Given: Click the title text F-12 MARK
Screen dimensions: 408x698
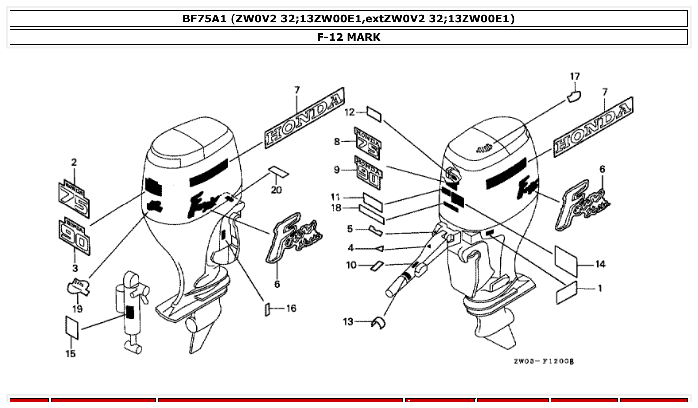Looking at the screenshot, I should click(349, 37).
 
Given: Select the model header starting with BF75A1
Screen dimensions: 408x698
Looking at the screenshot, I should click(349, 19).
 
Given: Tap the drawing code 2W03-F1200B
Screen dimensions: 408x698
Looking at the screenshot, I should click(544, 361).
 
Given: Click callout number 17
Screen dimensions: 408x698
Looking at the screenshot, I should click(575, 76).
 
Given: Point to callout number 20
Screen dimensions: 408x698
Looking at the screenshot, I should click(276, 190).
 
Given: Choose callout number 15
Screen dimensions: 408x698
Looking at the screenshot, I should click(71, 354).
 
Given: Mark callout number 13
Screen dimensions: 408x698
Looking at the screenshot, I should click(348, 322).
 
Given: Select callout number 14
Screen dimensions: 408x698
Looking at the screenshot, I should click(600, 264).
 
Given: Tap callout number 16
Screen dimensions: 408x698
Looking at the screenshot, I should click(291, 308).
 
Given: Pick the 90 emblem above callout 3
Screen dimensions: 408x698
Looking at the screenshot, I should click(74, 236).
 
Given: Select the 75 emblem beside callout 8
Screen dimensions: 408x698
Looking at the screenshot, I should click(368, 142).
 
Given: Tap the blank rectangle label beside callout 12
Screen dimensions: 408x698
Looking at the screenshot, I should click(374, 113).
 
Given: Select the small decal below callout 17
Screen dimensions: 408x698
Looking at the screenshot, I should click(574, 96).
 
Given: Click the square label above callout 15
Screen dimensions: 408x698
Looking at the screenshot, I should click(72, 327).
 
